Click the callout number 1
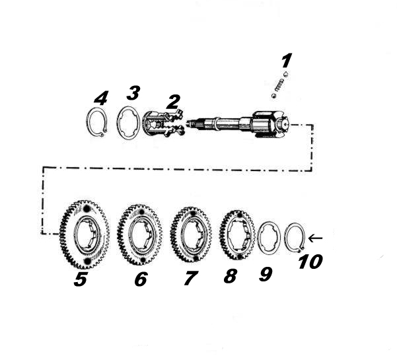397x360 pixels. pyautogui.click(x=287, y=61)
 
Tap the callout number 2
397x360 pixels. pyautogui.click(x=173, y=102)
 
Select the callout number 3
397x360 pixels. pyautogui.click(x=133, y=93)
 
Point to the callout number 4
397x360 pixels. pyautogui.click(x=101, y=98)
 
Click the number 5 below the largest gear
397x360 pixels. pyautogui.click(x=81, y=279)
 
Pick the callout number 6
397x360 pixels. pyautogui.click(x=141, y=279)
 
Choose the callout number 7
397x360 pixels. pyautogui.click(x=190, y=278)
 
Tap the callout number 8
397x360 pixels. pyautogui.click(x=231, y=275)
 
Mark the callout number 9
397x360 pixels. pyautogui.click(x=266, y=274)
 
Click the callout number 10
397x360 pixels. pyautogui.click(x=310, y=262)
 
